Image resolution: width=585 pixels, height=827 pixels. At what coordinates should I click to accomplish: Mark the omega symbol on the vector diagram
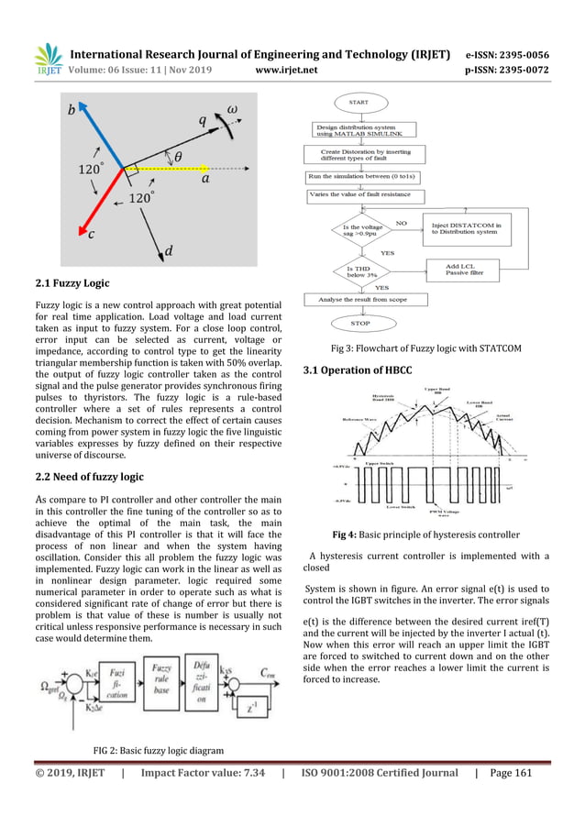click(x=233, y=109)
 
